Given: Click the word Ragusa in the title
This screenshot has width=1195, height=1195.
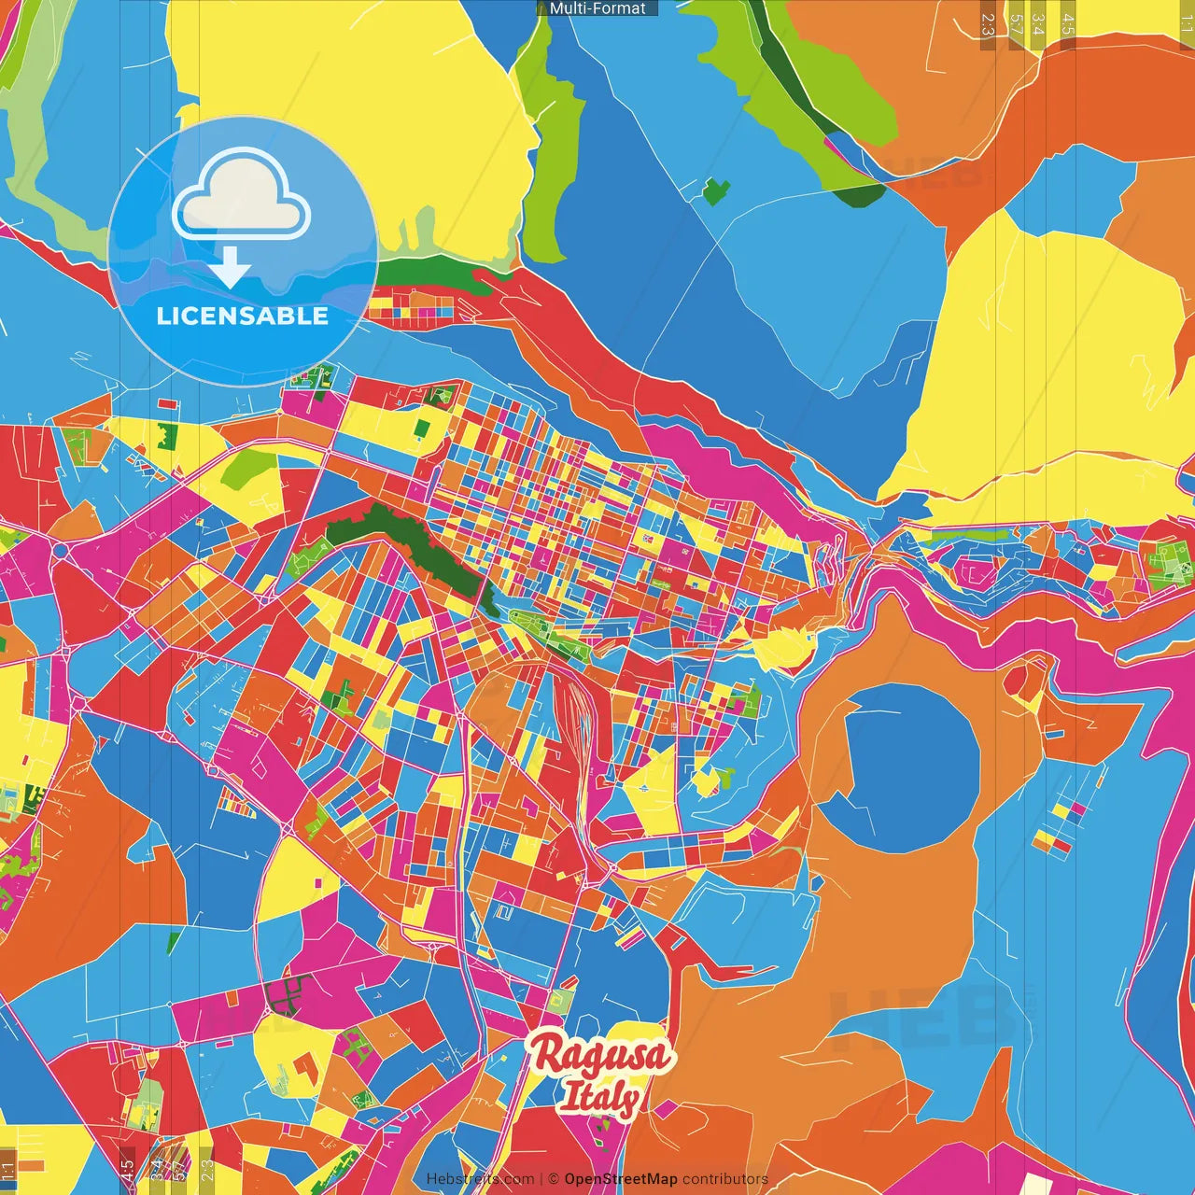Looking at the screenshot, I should [x=599, y=1055].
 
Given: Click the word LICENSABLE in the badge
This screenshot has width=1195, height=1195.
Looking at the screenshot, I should [x=243, y=316].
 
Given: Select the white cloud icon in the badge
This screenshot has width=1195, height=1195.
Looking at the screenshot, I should [x=242, y=195].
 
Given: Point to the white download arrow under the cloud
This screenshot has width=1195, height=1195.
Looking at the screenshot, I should [x=230, y=268].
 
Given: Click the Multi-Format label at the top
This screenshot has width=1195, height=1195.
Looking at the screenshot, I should [x=597, y=8].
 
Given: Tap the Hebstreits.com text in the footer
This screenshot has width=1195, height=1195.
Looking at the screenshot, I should [x=480, y=1179].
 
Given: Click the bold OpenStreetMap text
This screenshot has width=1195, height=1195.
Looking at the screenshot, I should [x=620, y=1179].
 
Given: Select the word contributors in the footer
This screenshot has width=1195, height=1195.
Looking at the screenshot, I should [x=724, y=1179].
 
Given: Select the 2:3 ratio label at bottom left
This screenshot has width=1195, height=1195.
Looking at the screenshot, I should [x=207, y=1170].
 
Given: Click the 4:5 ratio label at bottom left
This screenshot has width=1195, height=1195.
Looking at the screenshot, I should [x=127, y=1170].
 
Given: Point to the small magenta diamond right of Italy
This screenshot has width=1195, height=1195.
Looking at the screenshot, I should [x=666, y=1108].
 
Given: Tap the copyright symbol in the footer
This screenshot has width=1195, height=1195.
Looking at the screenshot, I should [x=553, y=1179].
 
